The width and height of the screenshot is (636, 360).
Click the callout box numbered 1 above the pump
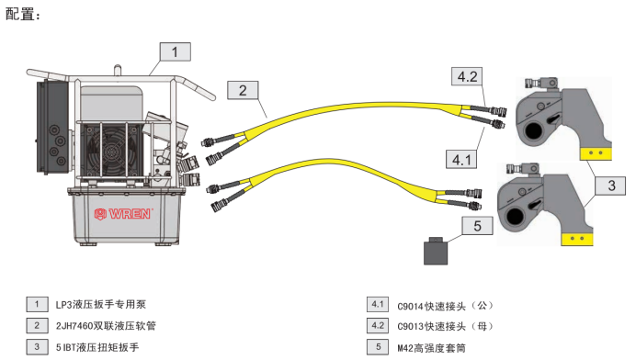coord(176,52)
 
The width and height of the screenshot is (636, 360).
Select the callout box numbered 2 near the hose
coord(243,90)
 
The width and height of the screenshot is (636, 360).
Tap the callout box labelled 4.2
coord(467,76)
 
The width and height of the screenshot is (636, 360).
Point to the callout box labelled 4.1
coord(461,159)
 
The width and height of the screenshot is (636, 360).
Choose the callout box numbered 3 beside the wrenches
coord(610,186)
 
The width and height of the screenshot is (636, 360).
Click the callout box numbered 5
coord(477,226)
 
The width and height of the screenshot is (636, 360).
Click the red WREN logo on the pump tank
coord(123,214)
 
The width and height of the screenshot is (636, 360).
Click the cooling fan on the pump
coord(110,151)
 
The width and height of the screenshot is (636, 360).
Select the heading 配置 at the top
coord(22,14)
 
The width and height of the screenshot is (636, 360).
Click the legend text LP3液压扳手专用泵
coord(100,305)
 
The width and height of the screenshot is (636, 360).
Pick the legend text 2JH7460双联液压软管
coord(106,325)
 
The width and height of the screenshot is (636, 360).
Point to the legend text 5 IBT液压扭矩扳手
coord(97,347)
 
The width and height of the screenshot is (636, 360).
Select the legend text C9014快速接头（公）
coord(445,306)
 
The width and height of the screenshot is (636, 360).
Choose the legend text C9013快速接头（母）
coord(445,327)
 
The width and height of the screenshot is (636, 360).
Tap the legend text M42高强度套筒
coord(431,348)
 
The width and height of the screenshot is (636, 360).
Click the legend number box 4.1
coord(378,304)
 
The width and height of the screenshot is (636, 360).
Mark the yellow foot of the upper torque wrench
coord(596,153)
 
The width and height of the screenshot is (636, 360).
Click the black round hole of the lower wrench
coord(515,216)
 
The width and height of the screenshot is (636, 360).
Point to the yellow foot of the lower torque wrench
coord(577,239)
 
